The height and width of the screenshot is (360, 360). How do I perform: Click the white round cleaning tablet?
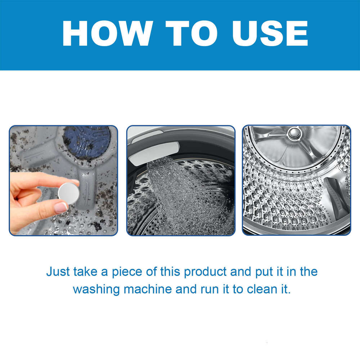(x=68, y=193)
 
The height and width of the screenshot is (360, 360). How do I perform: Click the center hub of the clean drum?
(x=294, y=134)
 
